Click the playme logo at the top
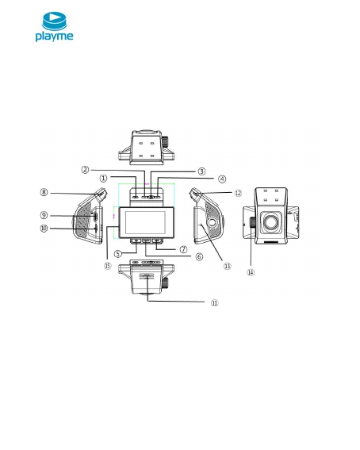54,27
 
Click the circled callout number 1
103,179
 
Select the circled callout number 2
85,170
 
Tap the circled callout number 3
201,171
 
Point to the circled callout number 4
222,179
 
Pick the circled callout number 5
118,254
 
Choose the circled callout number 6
199,256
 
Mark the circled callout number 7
183,249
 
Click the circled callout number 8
44,192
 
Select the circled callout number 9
44,215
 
